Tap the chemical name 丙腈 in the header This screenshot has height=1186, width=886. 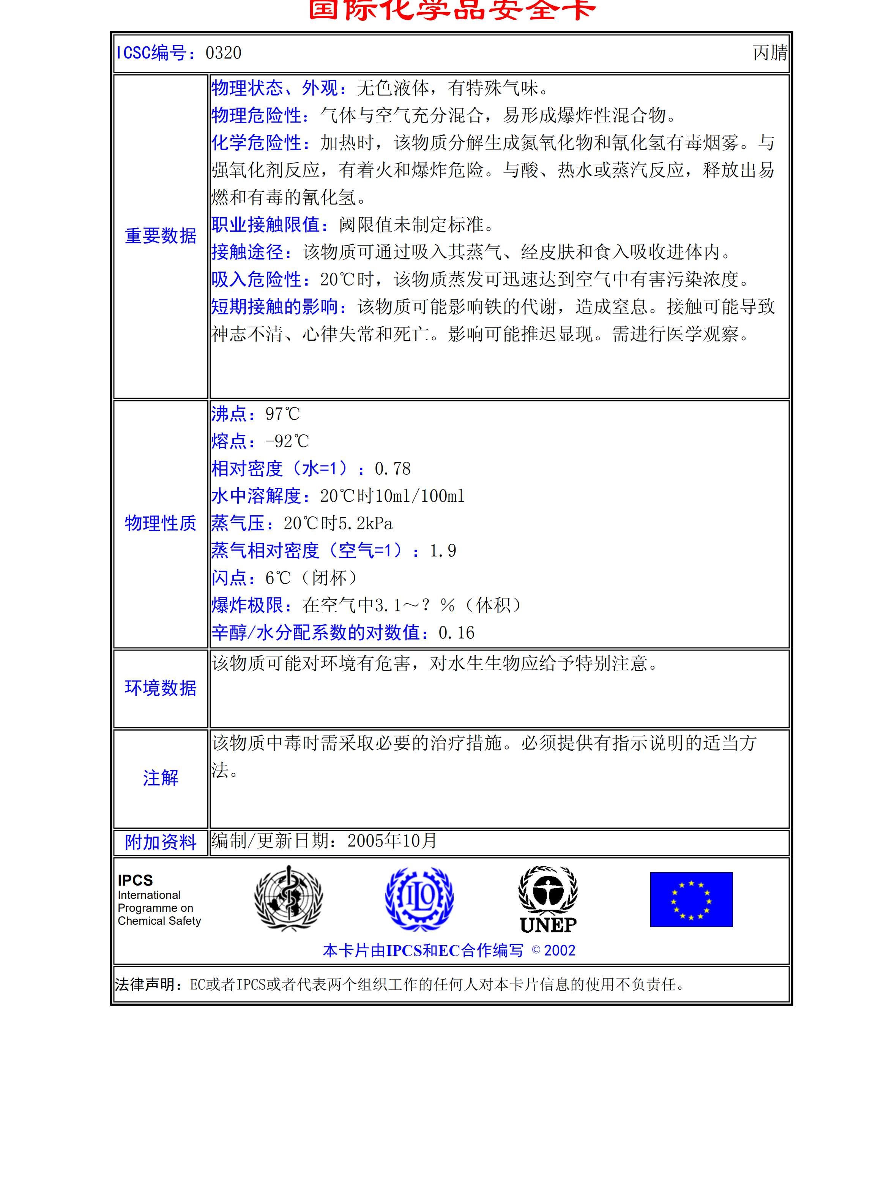tap(770, 52)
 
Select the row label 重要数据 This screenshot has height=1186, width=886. tap(160, 236)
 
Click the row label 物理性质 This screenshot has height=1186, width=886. tap(160, 523)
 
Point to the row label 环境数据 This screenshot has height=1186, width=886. tap(160, 688)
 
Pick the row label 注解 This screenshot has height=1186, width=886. tap(160, 778)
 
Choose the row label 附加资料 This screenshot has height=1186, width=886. tap(160, 842)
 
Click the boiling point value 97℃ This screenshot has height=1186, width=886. tap(282, 414)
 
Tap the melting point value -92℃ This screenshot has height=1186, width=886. tap(287, 441)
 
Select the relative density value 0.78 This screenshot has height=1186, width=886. tap(393, 469)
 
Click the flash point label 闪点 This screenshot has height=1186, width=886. tap(229, 578)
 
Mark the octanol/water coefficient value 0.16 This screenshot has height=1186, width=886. tap(456, 633)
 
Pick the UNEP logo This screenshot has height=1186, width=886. tap(548, 900)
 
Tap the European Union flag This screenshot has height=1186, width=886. tap(691, 899)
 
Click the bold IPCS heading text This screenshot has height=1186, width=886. tap(135, 880)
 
